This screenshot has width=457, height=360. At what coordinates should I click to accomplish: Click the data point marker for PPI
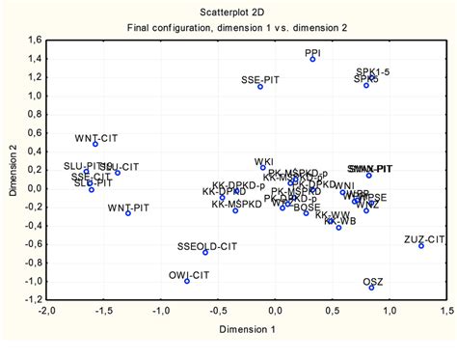(313, 59)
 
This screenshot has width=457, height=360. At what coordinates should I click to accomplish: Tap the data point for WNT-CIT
(95, 144)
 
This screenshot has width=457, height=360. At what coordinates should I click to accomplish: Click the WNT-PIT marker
(128, 213)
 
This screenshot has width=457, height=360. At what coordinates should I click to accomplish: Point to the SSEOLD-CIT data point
(205, 252)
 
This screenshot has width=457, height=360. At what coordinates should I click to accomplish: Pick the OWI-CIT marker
(187, 281)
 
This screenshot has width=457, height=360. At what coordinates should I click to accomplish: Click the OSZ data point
(371, 288)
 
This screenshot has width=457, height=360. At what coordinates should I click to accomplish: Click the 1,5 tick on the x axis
(446, 313)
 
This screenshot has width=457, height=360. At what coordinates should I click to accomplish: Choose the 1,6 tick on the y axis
(32, 41)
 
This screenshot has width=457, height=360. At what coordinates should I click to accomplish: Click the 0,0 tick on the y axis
(32, 188)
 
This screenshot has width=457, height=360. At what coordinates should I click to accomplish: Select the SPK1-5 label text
(373, 71)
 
